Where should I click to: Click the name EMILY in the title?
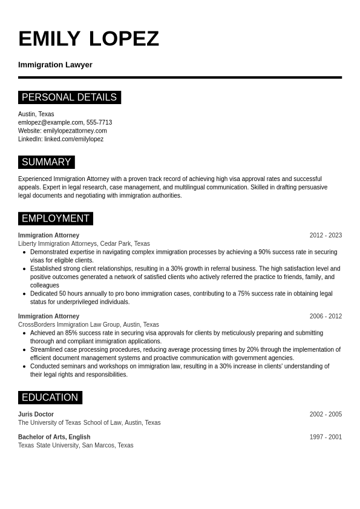click(49, 39)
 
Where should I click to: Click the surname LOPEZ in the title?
click(124, 39)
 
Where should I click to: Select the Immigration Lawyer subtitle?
click(55, 65)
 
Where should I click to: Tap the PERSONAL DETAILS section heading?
click(69, 97)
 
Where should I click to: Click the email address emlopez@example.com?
click(50, 122)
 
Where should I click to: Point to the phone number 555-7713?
click(99, 122)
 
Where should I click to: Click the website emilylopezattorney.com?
click(75, 131)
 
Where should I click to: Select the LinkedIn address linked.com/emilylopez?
click(74, 139)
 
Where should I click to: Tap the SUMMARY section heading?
click(46, 162)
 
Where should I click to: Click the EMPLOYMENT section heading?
click(55, 218)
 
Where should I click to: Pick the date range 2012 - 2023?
click(326, 235)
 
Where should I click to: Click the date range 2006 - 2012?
click(326, 317)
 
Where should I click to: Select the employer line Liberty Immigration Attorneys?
click(57, 244)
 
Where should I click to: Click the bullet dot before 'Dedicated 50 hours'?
click(24, 294)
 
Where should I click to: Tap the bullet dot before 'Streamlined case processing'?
click(24, 350)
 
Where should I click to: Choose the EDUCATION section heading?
click(50, 398)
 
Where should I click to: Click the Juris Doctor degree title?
click(36, 415)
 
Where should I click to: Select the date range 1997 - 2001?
click(326, 437)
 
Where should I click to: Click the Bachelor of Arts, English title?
click(54, 437)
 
